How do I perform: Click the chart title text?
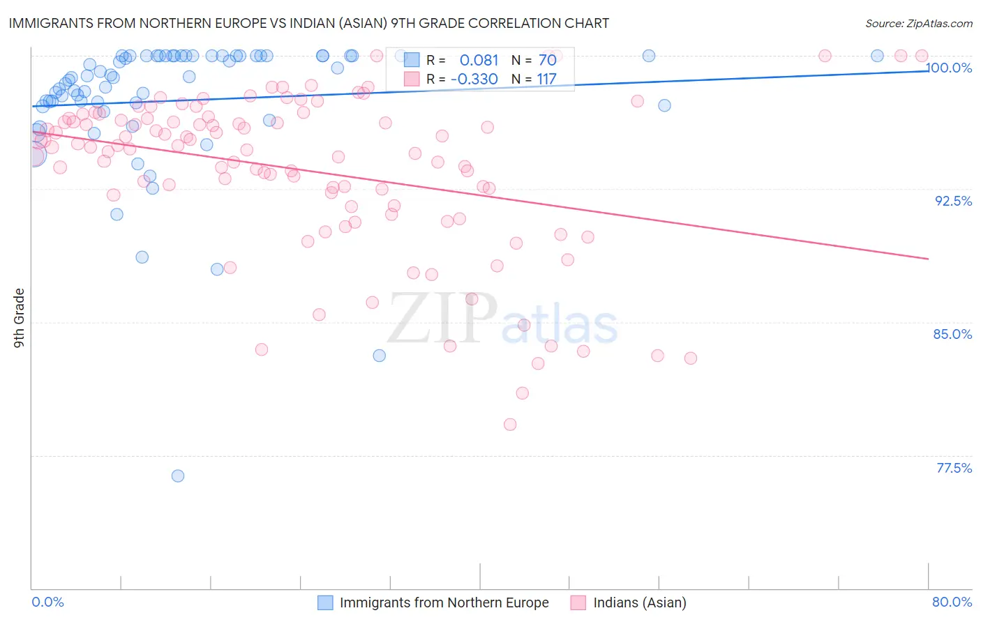308,23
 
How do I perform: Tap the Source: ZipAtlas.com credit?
918,23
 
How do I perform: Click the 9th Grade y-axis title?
19,318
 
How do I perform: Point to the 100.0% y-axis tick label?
950,68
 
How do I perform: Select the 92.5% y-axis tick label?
953,201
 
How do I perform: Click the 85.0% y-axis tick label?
952,334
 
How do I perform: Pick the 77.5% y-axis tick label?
954,468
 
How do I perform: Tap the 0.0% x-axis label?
47,602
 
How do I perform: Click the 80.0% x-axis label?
952,602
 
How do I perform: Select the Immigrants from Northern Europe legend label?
444,602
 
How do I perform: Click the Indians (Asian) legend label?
639,602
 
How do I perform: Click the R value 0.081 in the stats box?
479,60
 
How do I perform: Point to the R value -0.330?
474,79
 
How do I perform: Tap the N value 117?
546,79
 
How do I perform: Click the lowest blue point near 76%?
178,476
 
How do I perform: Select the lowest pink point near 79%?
510,424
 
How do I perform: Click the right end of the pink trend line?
928,259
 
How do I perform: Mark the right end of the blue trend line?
928,70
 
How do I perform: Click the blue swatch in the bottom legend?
325,602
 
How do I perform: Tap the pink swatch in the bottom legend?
578,602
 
